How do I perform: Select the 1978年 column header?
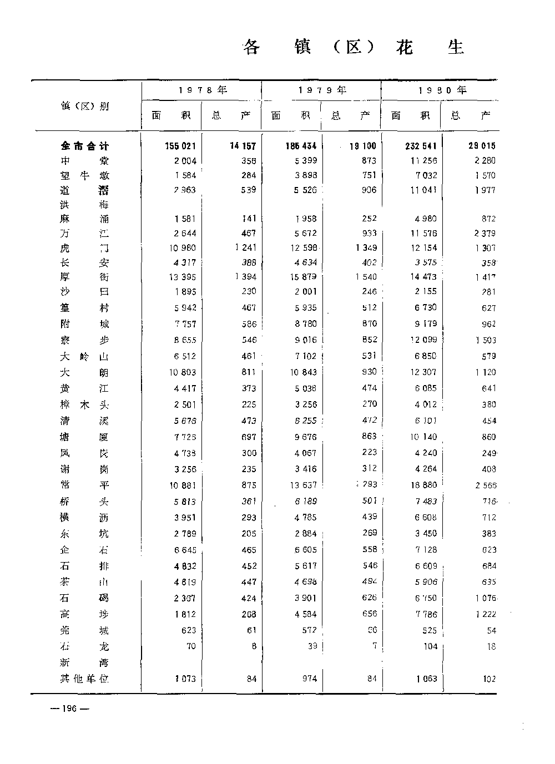203,90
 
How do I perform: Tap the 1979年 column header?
322,90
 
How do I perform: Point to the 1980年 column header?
442,90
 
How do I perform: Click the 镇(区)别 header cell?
85,106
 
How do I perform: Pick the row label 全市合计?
85,146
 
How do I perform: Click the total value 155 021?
180,146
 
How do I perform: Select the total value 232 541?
421,146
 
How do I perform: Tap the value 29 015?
482,146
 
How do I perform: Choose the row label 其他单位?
85,679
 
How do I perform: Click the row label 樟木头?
85,404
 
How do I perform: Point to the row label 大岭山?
85,356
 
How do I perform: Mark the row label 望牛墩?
85,175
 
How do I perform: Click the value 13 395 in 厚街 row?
183,277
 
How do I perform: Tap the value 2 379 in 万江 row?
485,234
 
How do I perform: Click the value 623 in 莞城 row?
188,630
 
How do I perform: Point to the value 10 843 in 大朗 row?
302,372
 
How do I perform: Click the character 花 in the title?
405,48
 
